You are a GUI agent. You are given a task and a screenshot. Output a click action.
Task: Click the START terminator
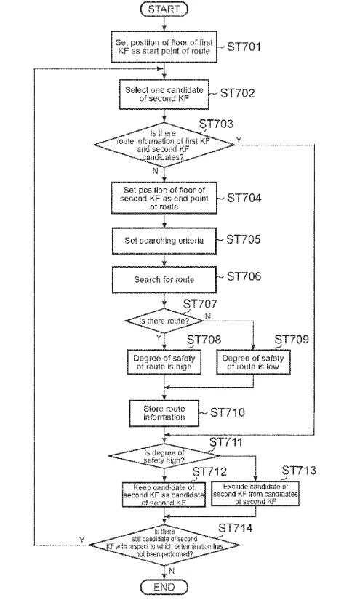164,9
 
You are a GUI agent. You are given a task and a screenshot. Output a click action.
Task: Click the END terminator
164,587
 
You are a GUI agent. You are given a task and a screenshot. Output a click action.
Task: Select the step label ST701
244,47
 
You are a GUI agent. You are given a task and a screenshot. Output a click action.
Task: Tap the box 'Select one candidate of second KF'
164,94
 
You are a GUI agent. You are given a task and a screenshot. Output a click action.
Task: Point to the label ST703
216,124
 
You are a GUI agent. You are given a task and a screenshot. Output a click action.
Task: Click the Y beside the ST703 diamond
239,140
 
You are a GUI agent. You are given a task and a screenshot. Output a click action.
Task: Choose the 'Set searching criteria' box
164,241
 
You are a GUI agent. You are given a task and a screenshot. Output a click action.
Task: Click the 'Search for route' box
164,280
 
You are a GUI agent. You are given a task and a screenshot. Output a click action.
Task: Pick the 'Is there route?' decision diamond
164,321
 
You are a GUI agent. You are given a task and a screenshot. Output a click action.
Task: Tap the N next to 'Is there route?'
208,316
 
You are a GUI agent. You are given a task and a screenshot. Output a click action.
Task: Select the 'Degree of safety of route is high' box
164,362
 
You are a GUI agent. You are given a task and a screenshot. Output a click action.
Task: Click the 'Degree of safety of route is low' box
253,362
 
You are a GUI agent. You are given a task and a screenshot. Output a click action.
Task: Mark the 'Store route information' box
164,413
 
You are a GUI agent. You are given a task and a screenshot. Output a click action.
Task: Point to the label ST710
227,412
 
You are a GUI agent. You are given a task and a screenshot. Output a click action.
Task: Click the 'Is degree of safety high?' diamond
164,455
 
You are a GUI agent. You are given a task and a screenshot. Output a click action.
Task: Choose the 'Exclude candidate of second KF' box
255,494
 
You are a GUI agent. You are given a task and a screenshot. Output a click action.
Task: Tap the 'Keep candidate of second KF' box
164,495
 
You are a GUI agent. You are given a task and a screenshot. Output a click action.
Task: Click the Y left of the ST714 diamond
82,540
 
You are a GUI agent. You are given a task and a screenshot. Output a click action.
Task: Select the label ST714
236,528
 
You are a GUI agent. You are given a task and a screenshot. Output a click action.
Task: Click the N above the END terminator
172,571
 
